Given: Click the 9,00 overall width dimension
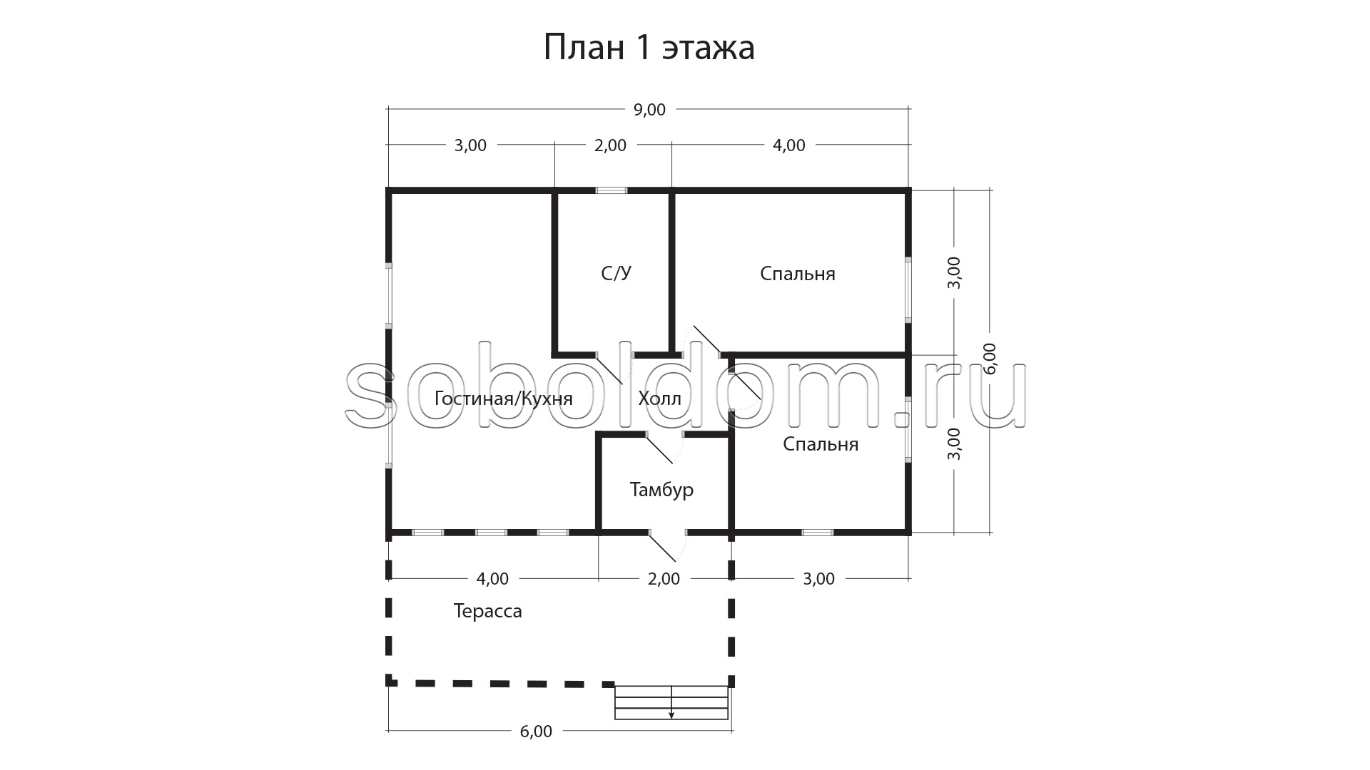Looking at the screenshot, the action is pyautogui.click(x=649, y=110).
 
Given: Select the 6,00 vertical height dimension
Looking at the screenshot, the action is pyautogui.click(x=990, y=359).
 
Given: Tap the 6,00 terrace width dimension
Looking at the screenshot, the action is pyautogui.click(x=536, y=731).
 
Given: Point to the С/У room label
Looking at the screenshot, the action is pyautogui.click(x=616, y=273).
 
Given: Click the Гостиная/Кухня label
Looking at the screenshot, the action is pyautogui.click(x=503, y=398).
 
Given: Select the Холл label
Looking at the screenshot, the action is pyautogui.click(x=659, y=398).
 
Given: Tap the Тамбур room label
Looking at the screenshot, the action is pyautogui.click(x=661, y=490).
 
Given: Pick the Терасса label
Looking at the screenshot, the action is pyautogui.click(x=487, y=611).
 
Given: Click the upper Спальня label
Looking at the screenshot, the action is pyautogui.click(x=797, y=274).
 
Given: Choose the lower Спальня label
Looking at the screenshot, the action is pyautogui.click(x=820, y=444).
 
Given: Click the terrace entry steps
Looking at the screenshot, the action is pyautogui.click(x=671, y=702).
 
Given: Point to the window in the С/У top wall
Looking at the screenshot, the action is pyautogui.click(x=612, y=190).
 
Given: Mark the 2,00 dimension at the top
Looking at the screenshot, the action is pyautogui.click(x=610, y=145).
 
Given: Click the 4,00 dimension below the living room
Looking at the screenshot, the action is pyautogui.click(x=492, y=579).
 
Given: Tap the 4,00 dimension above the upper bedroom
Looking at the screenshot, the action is pyautogui.click(x=789, y=145).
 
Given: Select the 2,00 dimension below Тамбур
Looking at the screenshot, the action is pyautogui.click(x=664, y=579).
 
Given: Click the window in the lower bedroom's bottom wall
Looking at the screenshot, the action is pyautogui.click(x=818, y=532).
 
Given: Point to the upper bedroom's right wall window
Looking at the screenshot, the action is pyautogui.click(x=908, y=289).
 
